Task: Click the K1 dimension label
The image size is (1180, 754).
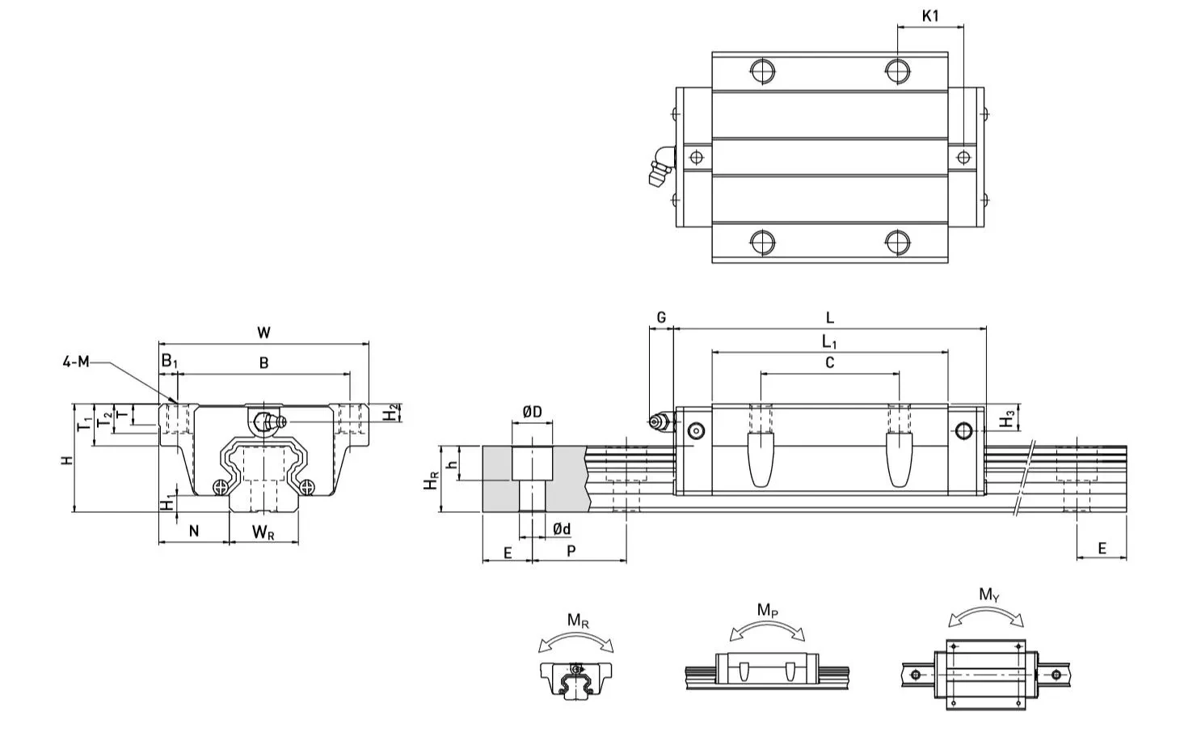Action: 930,15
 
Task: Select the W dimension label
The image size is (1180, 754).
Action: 263,333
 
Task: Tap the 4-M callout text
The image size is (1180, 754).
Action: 76,362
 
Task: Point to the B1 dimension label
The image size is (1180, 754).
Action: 168,361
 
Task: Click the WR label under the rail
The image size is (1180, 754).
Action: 263,532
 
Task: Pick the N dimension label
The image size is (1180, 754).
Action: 193,532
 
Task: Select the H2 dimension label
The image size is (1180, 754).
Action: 390,413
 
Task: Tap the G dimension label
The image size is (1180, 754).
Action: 660,318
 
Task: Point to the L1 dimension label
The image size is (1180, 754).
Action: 829,342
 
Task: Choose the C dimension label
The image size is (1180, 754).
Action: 829,363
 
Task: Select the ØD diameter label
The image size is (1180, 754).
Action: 532,413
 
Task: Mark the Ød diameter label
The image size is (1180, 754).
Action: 562,529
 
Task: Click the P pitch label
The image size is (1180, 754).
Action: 571,551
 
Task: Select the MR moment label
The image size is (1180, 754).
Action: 577,621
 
